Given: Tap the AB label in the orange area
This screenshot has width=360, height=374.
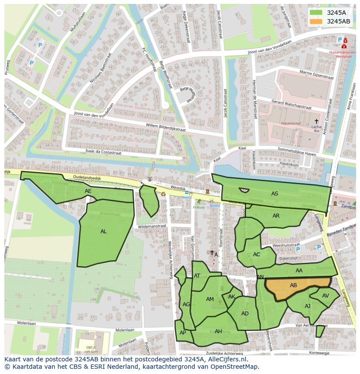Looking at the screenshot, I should (293, 285).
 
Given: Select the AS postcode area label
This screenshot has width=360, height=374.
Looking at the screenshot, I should (274, 194).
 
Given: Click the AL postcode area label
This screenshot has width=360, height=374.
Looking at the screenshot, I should (103, 232).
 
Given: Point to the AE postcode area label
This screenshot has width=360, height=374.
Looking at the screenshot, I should (88, 191).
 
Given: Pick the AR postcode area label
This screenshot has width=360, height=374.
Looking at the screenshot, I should (276, 216).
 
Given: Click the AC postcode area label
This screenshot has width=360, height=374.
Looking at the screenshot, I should (257, 255).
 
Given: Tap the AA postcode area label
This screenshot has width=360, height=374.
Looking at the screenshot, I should (299, 271).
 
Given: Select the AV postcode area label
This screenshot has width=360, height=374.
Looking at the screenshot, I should (325, 296).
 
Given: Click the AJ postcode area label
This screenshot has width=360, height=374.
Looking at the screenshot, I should (307, 306).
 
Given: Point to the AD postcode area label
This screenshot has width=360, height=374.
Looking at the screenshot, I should (245, 314).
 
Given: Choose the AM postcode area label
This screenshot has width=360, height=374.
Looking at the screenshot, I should (210, 299).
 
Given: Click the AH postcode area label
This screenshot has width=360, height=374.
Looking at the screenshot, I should (218, 331).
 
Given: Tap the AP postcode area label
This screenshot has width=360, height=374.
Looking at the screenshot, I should (183, 333).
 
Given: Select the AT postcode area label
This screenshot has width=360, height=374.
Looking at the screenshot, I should (197, 276).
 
